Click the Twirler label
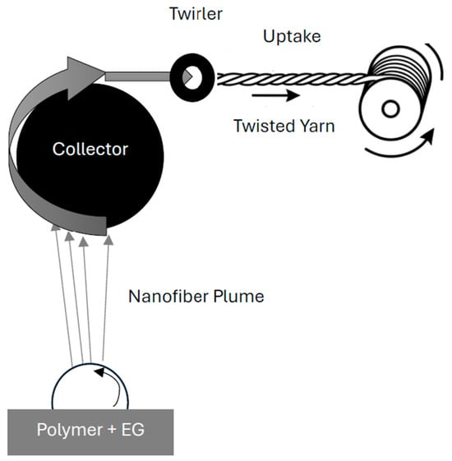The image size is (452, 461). [x=196, y=14]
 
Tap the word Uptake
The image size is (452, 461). [x=292, y=37]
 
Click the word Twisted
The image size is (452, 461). [x=260, y=126]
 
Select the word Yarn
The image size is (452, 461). [x=312, y=126]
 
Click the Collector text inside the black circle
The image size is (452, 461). [x=90, y=149]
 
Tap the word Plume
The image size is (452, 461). [x=238, y=297]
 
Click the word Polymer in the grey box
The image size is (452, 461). [x=69, y=430]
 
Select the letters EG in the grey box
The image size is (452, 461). [x=132, y=430]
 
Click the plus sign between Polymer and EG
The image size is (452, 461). [x=112, y=430]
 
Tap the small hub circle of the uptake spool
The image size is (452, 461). [x=390, y=108]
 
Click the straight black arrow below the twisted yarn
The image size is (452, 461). [x=275, y=95]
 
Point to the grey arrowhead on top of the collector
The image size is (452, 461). [x=85, y=77]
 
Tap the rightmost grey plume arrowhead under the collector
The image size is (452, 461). [x=108, y=240]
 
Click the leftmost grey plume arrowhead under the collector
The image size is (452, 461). [x=56, y=228]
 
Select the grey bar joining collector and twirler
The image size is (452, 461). [x=137, y=76]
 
